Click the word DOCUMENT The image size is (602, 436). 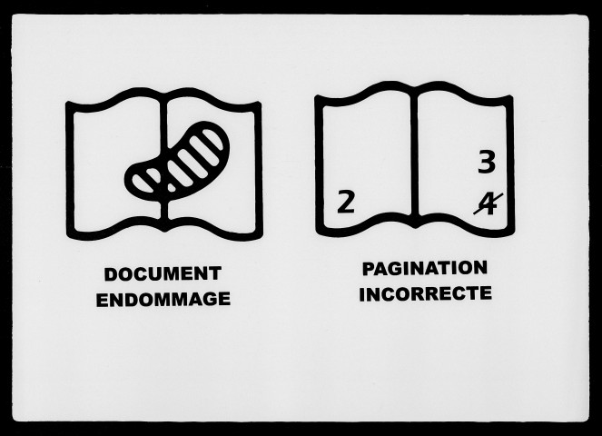coord(163,274)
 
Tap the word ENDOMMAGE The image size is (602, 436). coord(163,300)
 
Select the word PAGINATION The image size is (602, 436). coord(425,269)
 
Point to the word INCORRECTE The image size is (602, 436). coord(425,294)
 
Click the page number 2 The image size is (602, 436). coord(346,203)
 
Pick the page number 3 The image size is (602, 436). coord(487,162)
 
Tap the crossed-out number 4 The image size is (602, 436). coord(488,204)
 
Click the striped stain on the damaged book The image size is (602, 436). coord(177,161)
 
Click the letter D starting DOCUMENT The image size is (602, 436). coord(111,274)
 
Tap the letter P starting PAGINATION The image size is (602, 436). coord(369,269)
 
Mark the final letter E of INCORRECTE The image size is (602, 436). coord(486,293)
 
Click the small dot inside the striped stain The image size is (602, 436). coord(171,188)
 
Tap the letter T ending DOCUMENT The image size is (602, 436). coord(215,274)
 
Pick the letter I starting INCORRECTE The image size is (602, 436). coord(361,294)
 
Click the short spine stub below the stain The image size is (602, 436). coord(164,211)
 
